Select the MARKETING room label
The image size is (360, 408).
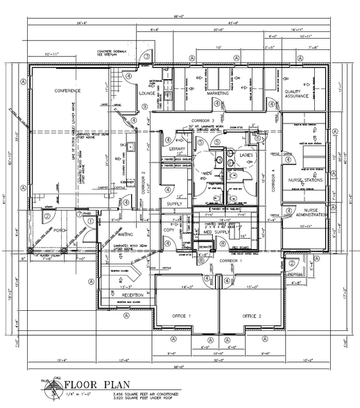click(x=217, y=92)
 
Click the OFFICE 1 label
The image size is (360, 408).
click(x=182, y=316)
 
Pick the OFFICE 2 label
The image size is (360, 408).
click(x=252, y=316)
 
